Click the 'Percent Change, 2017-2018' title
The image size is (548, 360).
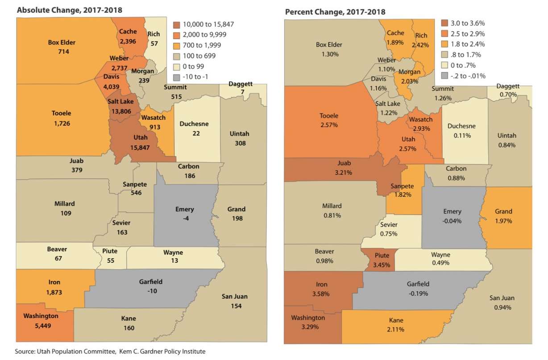[335, 12]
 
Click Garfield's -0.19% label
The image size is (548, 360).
[418, 293]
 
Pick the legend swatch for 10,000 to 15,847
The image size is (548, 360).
[177, 25]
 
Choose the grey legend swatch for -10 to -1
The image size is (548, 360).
[177, 77]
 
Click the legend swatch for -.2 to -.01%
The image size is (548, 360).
[444, 76]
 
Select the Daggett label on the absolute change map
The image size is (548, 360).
[240, 84]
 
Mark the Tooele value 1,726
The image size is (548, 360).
[61, 123]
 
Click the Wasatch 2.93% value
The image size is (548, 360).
[420, 128]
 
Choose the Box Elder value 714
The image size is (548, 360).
[62, 52]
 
